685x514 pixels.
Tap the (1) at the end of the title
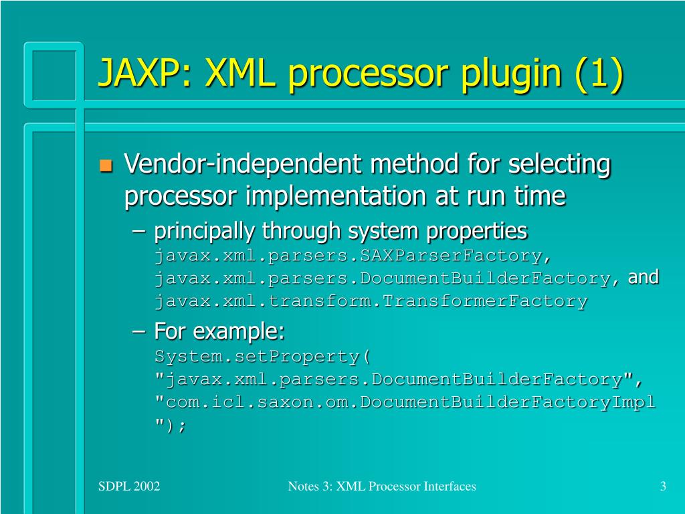click(x=598, y=74)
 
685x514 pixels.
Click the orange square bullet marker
click(x=105, y=165)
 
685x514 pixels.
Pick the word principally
click(x=205, y=232)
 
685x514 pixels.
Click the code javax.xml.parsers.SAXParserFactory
click(x=348, y=256)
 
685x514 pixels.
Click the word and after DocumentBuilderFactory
click(x=644, y=277)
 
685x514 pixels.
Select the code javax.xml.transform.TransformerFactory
click(x=371, y=301)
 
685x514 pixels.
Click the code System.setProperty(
click(x=263, y=355)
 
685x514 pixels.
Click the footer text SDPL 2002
click(x=128, y=487)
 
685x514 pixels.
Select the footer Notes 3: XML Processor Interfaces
click(x=382, y=487)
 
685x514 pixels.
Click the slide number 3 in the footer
click(x=662, y=487)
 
